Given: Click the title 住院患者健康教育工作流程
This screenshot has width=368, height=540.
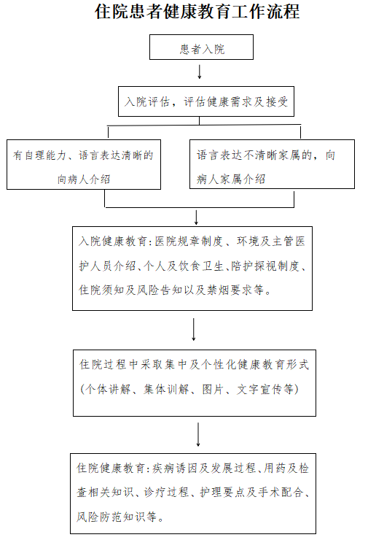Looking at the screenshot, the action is [197, 12].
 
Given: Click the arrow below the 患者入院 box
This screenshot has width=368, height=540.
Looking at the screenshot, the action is [199, 72].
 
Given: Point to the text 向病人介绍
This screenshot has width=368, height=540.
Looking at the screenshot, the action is [84, 179].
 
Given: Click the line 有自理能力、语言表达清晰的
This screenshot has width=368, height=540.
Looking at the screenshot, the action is [83, 155].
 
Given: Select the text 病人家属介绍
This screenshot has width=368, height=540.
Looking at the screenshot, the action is [231, 179].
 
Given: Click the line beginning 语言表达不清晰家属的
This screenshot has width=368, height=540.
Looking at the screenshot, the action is [265, 155].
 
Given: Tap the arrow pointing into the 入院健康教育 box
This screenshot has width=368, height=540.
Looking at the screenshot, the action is [196, 217].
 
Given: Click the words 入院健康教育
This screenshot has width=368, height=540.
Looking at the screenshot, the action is [113, 241].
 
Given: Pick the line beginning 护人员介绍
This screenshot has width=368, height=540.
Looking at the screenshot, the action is [192, 266].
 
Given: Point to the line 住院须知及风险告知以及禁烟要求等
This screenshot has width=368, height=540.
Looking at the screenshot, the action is [175, 290].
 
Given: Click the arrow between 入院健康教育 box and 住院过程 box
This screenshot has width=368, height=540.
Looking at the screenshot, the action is [194, 330].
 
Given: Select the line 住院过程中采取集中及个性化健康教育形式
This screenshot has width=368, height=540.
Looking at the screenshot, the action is [194, 364].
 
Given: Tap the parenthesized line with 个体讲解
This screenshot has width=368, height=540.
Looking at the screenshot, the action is [189, 389].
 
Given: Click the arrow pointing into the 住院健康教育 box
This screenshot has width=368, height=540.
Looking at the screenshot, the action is [198, 435].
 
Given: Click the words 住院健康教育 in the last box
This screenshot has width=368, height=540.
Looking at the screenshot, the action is [111, 468].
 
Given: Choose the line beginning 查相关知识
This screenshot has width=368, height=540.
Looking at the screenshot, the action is [193, 492].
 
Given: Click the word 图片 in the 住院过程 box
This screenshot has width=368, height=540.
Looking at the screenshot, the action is [213, 389].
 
